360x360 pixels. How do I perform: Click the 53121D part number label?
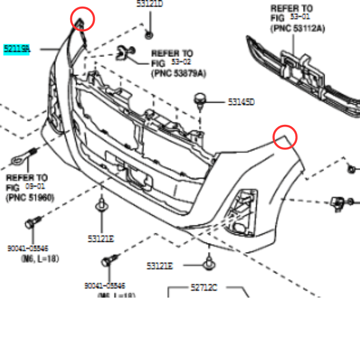[150, 4]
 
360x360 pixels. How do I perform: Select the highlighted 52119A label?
[17, 49]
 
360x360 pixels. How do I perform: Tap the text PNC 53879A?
[178, 73]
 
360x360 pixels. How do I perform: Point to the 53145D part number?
[241, 102]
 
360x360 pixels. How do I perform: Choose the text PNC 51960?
[29, 197]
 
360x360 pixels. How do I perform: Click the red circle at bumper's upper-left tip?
[83, 19]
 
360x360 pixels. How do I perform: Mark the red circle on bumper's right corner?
[286, 137]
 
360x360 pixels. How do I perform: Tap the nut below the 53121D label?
[149, 33]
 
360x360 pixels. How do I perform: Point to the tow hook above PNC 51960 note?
[23, 158]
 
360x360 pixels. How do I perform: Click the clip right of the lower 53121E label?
[208, 262]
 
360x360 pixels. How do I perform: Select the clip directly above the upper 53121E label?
[100, 208]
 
